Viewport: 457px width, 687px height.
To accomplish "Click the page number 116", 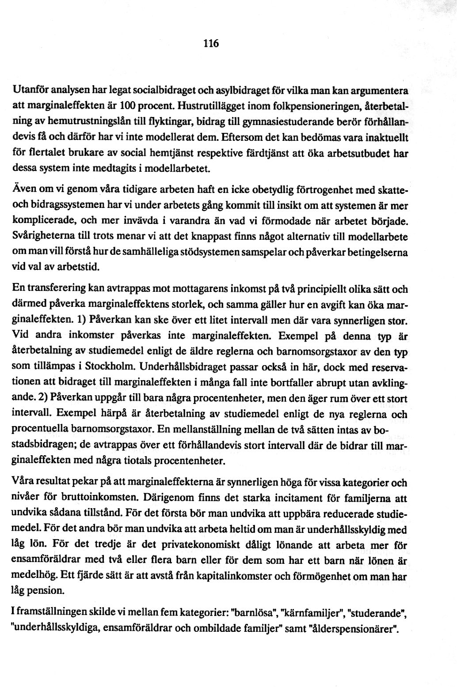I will pos(211,44).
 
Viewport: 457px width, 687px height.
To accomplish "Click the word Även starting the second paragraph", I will pos(22,189).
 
